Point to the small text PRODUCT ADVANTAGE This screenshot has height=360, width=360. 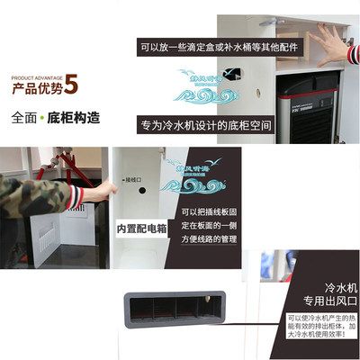[x=36, y=76]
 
